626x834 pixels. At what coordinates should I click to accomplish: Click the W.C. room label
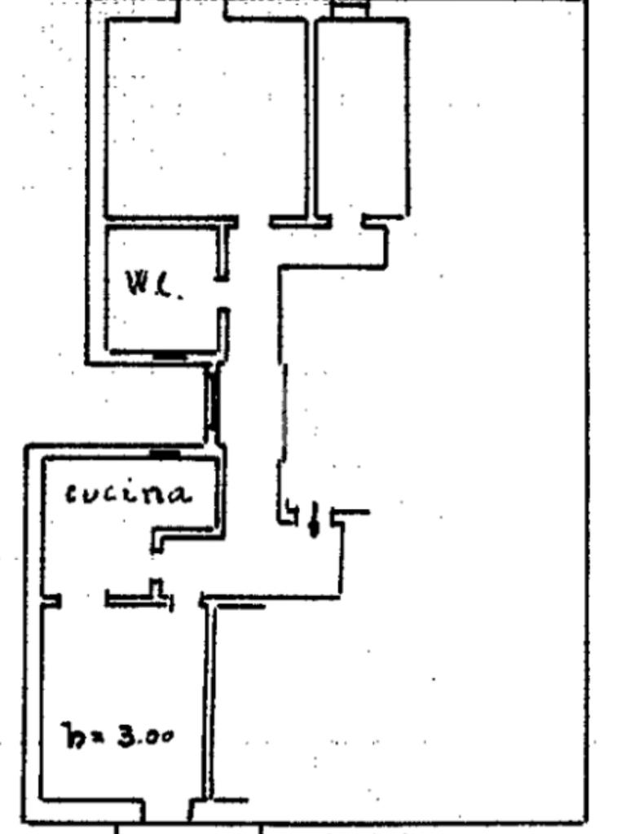click(152, 284)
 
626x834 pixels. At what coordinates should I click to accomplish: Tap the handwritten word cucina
click(129, 494)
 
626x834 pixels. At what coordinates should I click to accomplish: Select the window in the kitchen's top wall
click(165, 453)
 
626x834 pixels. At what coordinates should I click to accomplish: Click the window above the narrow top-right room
click(351, 11)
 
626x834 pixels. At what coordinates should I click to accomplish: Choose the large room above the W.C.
click(206, 118)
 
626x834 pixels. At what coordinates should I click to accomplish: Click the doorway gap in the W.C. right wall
click(223, 294)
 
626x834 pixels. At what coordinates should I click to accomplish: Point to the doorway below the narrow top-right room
click(346, 219)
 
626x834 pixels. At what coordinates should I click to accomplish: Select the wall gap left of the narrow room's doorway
click(253, 221)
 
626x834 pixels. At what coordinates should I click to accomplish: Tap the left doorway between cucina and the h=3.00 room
click(83, 601)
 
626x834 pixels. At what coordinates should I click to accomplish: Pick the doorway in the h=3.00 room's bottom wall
click(168, 810)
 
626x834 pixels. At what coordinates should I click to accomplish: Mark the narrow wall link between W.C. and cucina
click(214, 403)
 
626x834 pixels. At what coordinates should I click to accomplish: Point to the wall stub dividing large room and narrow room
click(311, 118)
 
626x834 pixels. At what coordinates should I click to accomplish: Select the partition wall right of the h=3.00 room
click(209, 700)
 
